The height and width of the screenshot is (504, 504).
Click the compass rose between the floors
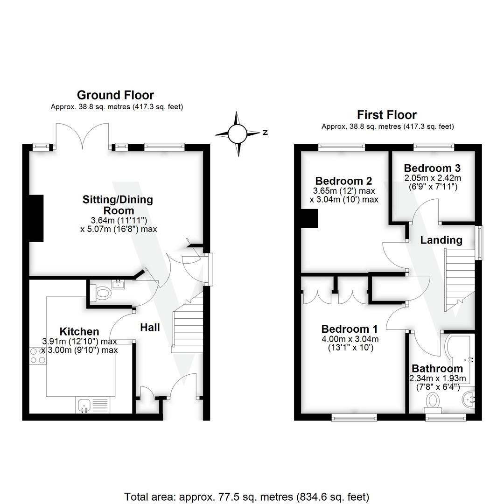point(238,134)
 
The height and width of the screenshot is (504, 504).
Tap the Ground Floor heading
point(115,95)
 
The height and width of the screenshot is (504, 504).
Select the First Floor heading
point(387,115)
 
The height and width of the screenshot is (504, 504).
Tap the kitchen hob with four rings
point(37,356)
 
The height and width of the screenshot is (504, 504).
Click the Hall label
point(150,328)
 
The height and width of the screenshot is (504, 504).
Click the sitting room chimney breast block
point(36,218)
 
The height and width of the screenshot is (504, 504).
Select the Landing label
point(441,240)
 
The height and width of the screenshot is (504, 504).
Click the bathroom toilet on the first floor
point(434,401)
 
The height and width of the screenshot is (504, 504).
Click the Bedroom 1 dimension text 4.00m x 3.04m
point(350,339)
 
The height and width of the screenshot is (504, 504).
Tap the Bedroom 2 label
point(343,181)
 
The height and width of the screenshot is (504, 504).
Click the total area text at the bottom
point(246,497)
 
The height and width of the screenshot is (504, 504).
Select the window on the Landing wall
point(479,243)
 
